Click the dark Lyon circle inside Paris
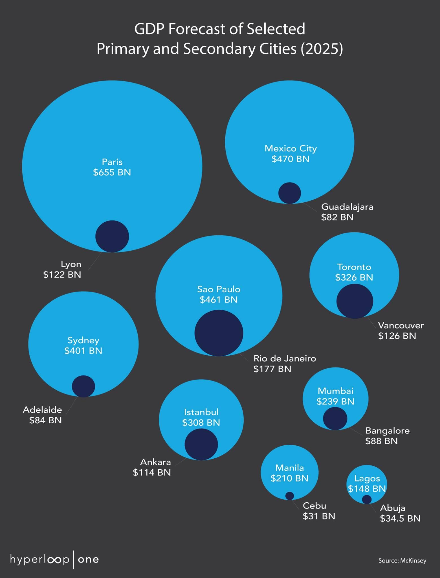tap(112, 236)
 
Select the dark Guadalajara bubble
tap(290, 193)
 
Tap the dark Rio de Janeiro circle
tap(219, 333)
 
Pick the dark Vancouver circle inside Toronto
tap(355, 301)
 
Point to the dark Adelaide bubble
tap(83, 386)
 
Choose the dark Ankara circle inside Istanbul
tap(201, 445)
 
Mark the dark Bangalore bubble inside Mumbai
tap(335, 419)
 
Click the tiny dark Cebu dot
tap(290, 496)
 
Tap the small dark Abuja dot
tap(367, 499)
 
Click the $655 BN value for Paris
tap(112, 172)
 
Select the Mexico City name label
tap(291, 148)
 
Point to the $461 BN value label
tap(219, 300)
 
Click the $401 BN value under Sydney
tap(83, 351)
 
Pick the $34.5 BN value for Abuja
tap(400, 518)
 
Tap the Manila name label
tap(290, 468)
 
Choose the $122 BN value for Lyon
tap(62, 275)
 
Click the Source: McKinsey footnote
tap(402, 561)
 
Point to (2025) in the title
tap(322, 49)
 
